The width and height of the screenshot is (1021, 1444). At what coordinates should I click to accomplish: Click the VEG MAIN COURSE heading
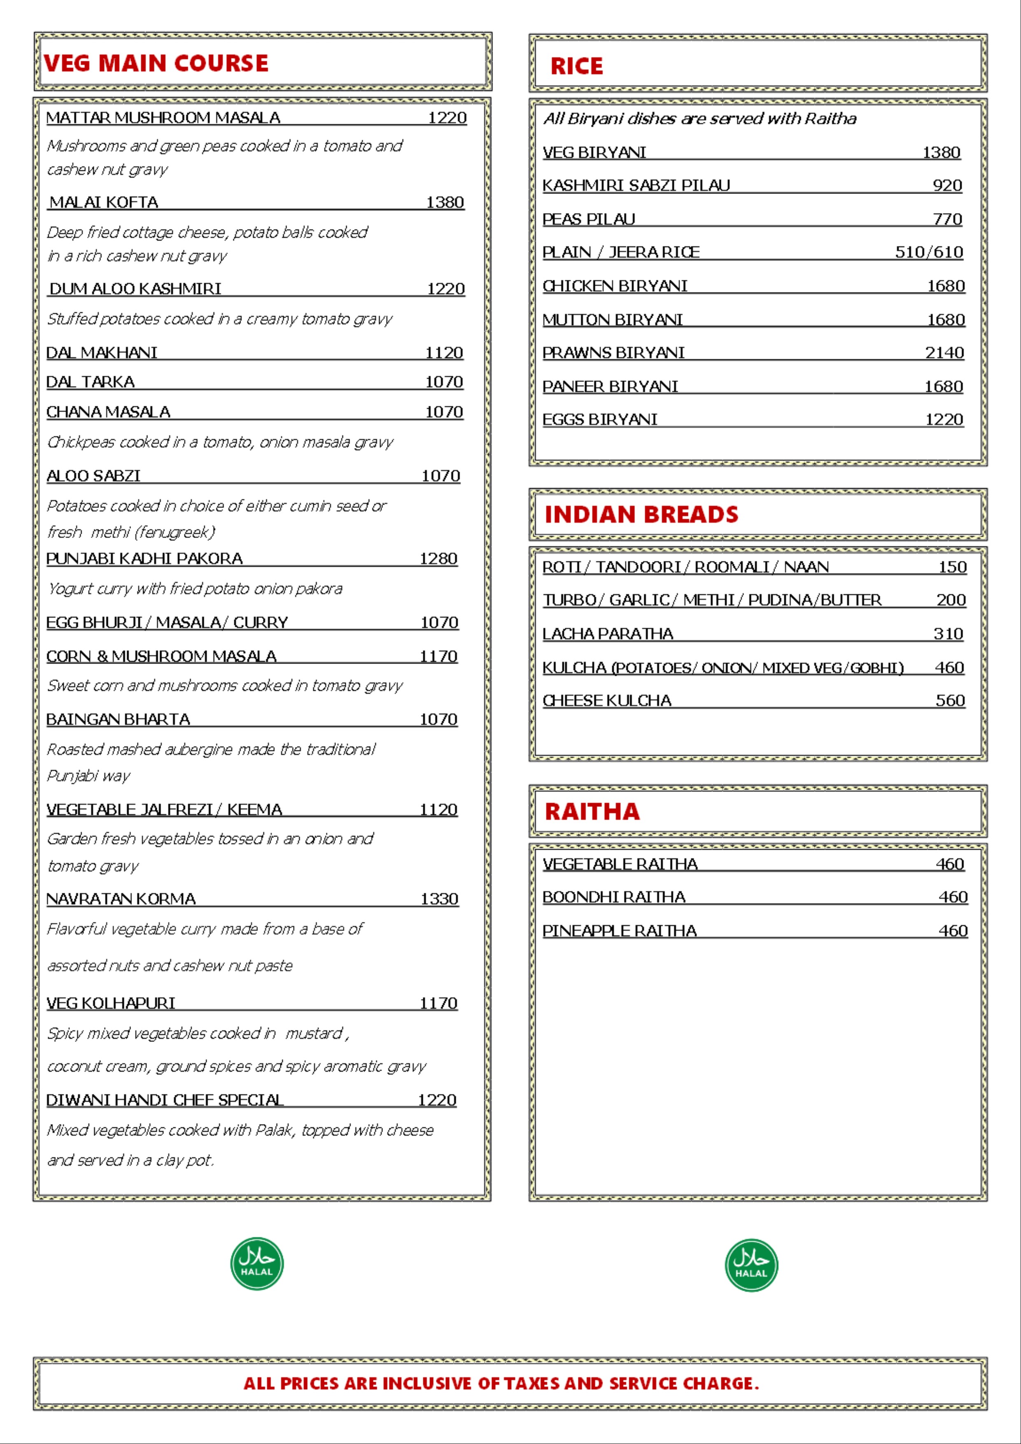(156, 63)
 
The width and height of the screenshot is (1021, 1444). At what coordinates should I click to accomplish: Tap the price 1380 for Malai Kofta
(445, 203)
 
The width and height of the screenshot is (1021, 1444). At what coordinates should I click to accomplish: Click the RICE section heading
(576, 66)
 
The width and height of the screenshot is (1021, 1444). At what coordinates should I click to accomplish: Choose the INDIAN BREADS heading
(641, 515)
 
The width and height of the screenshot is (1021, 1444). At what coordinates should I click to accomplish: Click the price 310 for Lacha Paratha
(948, 634)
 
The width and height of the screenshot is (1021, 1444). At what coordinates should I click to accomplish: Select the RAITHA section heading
(592, 811)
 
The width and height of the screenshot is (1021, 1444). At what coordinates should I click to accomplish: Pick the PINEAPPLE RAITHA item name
(620, 931)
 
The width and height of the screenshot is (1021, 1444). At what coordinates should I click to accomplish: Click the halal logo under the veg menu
(256, 1264)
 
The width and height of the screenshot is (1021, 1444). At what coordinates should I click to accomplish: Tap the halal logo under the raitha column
(751, 1265)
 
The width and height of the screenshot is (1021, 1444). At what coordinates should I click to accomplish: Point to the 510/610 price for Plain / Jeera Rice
(928, 252)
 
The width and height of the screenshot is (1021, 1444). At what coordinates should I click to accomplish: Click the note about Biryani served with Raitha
(699, 119)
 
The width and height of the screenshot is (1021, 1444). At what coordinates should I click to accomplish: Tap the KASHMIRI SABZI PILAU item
(636, 186)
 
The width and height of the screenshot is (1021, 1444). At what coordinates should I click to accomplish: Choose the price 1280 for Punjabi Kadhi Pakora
(438, 559)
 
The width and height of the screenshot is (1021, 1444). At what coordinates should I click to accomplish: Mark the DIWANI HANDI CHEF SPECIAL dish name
(165, 1100)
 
